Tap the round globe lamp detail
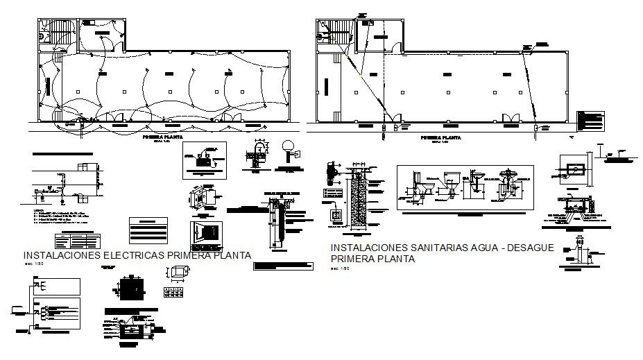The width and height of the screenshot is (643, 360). click(x=288, y=148)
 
